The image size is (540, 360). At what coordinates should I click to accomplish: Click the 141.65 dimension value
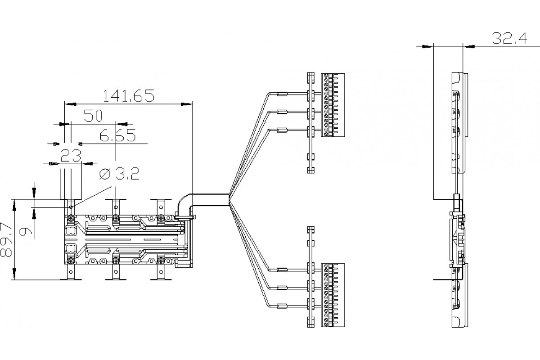[x=129, y=95]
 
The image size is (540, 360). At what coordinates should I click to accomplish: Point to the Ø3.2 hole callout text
[x=119, y=173]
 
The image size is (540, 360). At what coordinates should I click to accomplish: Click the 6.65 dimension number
[x=117, y=135]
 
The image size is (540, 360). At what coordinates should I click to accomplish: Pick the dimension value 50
[x=94, y=116]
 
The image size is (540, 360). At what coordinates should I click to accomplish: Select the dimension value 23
[x=71, y=156]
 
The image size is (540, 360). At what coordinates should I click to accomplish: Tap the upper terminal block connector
[x=333, y=105]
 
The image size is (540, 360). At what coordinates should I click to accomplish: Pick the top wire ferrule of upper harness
[x=282, y=94]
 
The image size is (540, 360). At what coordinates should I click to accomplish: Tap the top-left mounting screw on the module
[x=71, y=218]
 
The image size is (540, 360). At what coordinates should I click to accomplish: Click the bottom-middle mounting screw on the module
[x=116, y=261]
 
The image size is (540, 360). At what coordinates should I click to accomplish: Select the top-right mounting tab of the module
[x=161, y=205]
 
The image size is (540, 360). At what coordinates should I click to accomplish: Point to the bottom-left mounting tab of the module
[x=71, y=273]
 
